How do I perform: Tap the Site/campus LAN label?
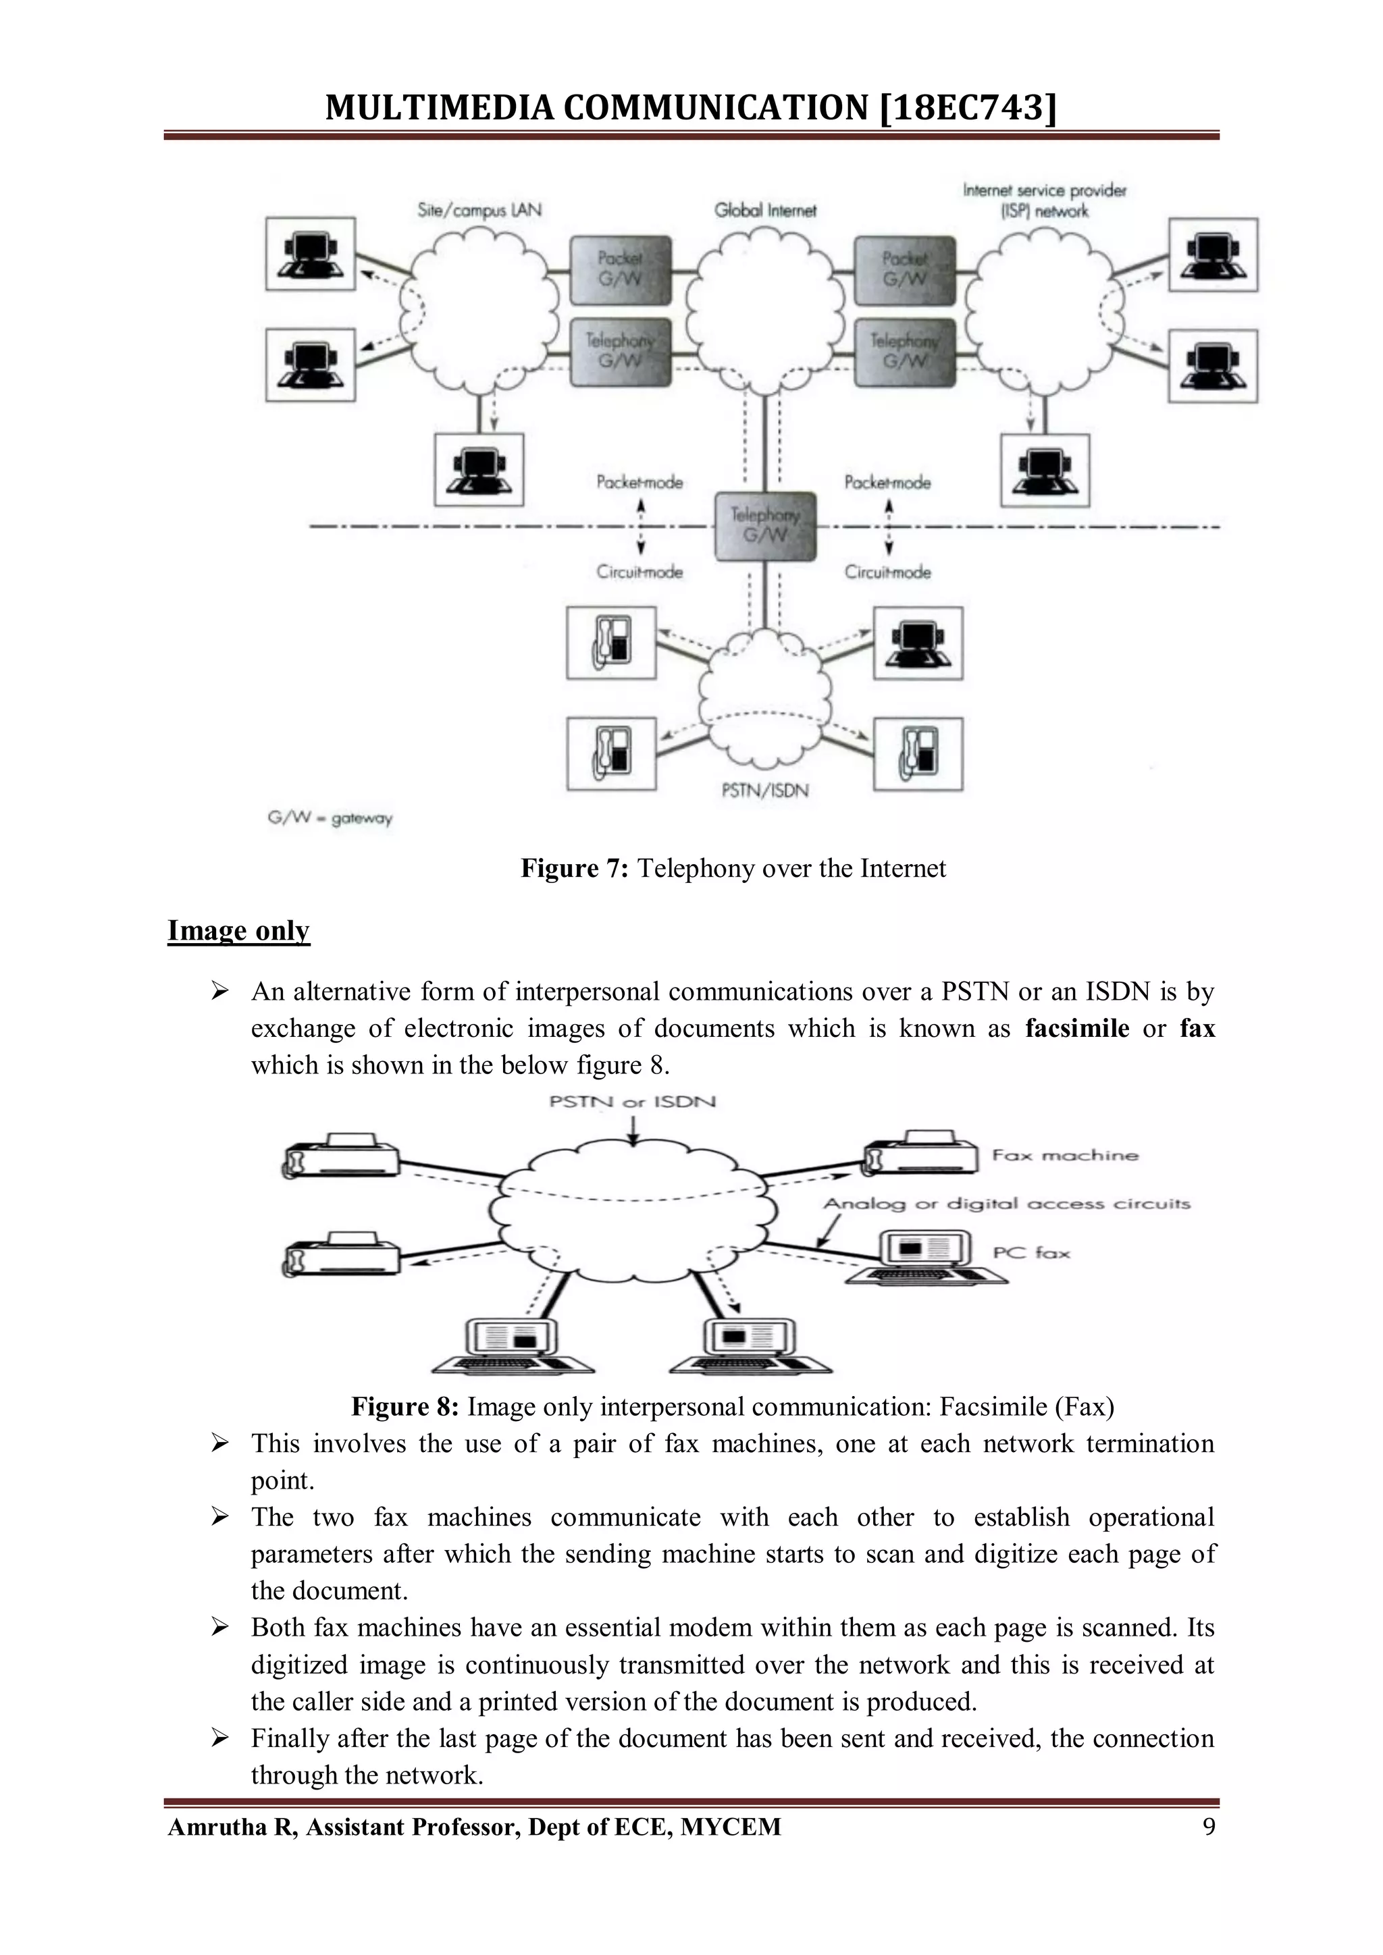coord(479,209)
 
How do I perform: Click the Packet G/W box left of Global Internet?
coord(620,269)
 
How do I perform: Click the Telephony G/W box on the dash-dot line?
coord(764,525)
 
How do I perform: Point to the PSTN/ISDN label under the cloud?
coord(764,791)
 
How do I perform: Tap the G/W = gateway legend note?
coord(330,818)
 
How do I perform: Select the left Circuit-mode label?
coord(639,572)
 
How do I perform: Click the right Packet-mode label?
coord(887,483)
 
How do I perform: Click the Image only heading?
coord(238,931)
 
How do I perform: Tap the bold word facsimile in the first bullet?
coord(1076,1029)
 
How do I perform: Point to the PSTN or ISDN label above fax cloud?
coord(632,1102)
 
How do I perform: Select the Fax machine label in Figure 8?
coord(1064,1156)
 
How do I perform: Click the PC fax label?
coord(1030,1252)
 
